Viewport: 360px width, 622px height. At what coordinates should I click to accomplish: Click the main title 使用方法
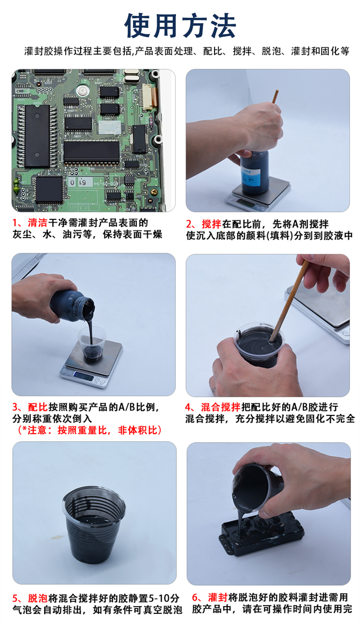point(180,26)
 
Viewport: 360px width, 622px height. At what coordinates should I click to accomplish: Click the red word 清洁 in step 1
point(37,223)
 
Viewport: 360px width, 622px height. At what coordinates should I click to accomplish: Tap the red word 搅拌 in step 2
point(211,224)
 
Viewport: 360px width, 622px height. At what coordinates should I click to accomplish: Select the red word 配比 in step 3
point(38,407)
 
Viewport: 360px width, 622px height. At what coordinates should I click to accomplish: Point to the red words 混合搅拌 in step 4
point(221,407)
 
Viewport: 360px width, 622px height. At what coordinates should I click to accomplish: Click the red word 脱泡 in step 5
point(38,598)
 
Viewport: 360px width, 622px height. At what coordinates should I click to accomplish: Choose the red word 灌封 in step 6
point(218,597)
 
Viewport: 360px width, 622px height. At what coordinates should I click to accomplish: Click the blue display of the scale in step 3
point(84,377)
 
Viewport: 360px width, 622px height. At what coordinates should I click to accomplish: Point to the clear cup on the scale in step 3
point(92,343)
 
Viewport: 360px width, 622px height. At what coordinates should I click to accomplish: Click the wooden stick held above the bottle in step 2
point(275,96)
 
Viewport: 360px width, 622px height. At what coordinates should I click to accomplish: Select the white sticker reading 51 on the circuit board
point(81,182)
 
